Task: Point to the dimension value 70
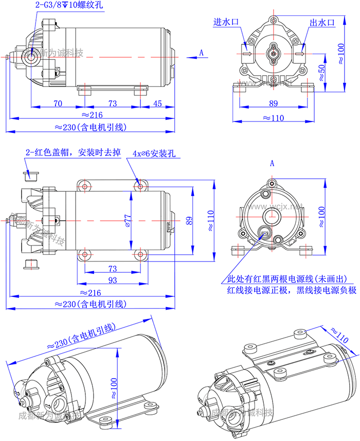click(57, 103)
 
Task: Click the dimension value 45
click(157, 103)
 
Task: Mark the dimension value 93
click(113, 280)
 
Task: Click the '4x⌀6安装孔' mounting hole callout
click(154, 153)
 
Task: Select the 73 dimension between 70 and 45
click(113, 103)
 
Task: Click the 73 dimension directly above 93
click(113, 269)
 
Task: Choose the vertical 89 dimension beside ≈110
click(189, 220)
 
